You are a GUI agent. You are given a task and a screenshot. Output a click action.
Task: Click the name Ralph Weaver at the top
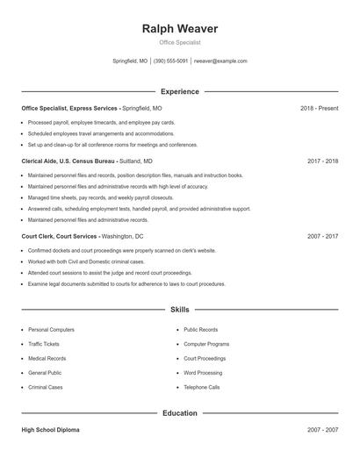coord(180,29)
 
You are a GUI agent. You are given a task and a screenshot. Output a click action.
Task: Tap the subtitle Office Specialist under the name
coord(180,42)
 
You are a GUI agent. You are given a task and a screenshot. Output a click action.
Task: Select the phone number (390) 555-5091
coord(171,61)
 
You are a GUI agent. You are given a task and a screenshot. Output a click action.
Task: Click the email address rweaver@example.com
coord(220,61)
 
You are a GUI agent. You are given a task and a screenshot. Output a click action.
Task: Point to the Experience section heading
coord(180,91)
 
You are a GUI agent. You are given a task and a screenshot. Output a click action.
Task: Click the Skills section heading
coord(180,310)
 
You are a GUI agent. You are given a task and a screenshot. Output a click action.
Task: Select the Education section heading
coord(180,412)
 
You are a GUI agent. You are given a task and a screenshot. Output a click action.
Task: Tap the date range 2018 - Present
coord(319,108)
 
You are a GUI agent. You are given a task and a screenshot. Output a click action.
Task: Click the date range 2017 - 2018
coord(322,161)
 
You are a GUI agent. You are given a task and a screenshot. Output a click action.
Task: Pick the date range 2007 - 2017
coord(322,237)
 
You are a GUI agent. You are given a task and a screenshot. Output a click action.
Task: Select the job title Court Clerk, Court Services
coord(60,237)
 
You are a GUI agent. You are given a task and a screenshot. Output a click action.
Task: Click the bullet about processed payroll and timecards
coord(101,123)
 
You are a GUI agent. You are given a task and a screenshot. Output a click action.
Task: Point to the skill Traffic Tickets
coord(44,344)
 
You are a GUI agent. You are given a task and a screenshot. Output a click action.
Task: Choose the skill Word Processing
coord(203,373)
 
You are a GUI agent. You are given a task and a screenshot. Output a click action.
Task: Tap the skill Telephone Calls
coord(201,387)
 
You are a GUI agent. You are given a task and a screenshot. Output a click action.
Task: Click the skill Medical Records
coord(47,358)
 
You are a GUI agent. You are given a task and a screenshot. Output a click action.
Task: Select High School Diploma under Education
coord(50,431)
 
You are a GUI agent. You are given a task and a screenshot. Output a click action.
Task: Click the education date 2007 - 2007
coord(322,431)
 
